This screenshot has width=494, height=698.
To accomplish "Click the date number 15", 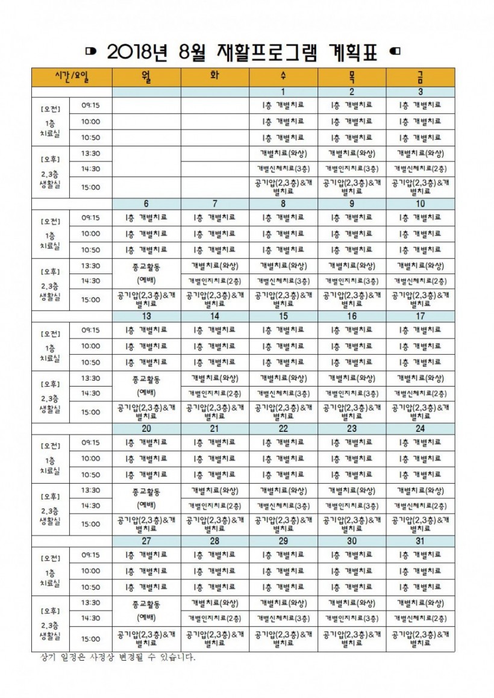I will [283, 316].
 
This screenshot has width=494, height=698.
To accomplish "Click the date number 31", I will [420, 541].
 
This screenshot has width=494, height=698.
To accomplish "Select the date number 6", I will [146, 204].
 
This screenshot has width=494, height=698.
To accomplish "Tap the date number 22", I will [283, 428].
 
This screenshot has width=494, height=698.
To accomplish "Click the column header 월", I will [146, 77].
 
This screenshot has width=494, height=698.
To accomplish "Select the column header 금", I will [420, 77].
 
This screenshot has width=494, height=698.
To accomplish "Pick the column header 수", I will [283, 77].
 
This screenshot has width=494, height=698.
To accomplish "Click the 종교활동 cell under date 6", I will [146, 266].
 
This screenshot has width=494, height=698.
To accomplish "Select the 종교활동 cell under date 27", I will [146, 603].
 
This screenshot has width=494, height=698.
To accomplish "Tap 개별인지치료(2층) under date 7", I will [214, 281].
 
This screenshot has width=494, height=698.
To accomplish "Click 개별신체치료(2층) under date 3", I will [420, 169].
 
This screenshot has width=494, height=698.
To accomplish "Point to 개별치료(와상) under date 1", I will [283, 153].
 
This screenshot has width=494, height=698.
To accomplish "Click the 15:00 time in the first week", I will [91, 187].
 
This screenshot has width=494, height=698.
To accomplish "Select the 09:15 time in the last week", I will [91, 555].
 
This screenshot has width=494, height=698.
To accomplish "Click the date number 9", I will [352, 204].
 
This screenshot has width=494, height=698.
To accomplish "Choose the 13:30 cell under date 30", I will [352, 603].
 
